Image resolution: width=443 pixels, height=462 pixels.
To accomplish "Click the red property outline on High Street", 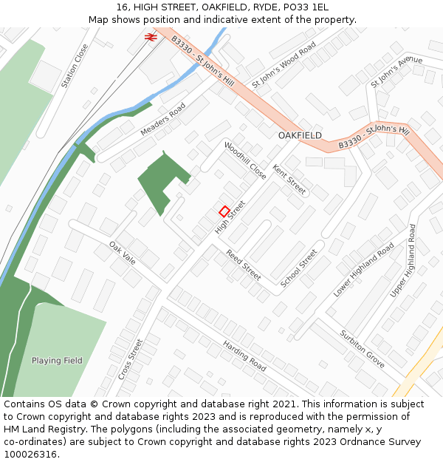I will coord(224,211).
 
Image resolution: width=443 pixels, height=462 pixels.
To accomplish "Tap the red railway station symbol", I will coord(150,35).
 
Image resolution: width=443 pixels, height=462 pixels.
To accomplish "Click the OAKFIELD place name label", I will coord(300,136).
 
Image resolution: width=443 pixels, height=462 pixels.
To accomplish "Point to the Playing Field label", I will coord(57,361).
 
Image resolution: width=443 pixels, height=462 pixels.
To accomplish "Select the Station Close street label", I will coord(75,67).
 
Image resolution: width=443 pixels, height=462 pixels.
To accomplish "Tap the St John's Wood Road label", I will coord(284,65).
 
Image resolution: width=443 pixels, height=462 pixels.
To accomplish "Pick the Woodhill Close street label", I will coord(245,161).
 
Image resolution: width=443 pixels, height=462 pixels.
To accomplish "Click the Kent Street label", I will coord(289,180).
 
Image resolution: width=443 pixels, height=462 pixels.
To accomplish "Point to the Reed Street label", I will coord(244,265).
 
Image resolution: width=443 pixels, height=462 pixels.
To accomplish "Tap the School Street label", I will coord(299,268).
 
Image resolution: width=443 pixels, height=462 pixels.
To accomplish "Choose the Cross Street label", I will coord(130,359).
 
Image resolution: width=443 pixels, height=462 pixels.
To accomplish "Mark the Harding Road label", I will coord(244,356).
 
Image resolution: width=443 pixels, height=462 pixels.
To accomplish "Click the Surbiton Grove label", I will coord(363,349).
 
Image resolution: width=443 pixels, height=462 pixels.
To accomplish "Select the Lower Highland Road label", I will coord(363,271).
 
